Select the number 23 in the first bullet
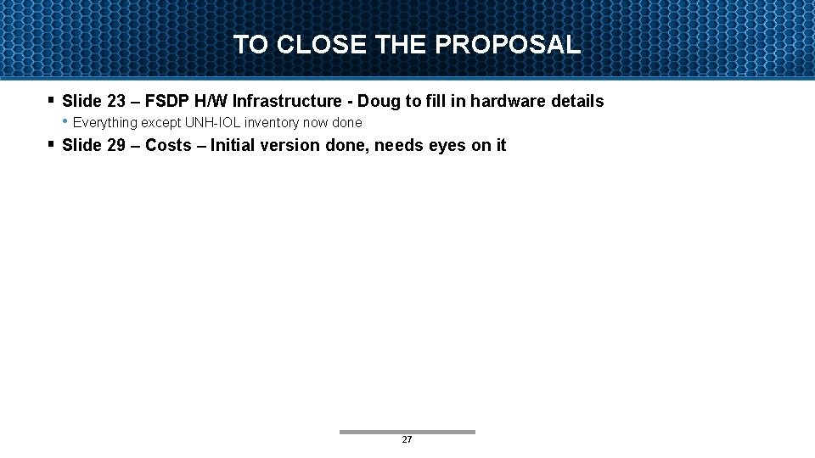[116, 101]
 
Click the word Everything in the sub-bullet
[105, 122]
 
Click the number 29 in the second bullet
[116, 145]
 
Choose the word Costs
[168, 145]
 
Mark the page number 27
[407, 439]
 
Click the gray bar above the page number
[407, 432]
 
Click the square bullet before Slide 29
[51, 143]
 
